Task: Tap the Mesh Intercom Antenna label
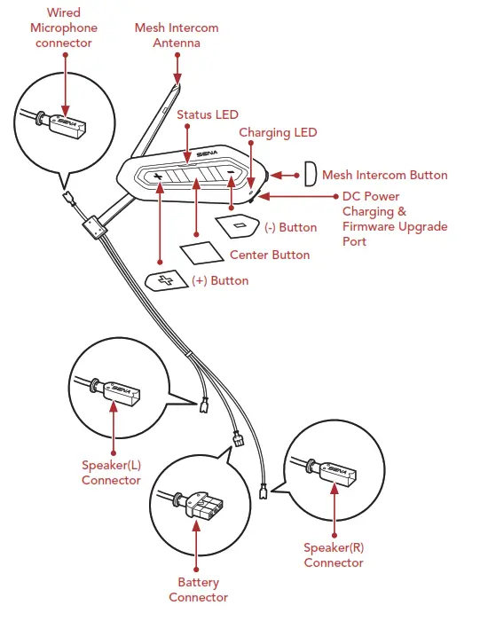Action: pyautogui.click(x=177, y=35)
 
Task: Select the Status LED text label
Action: pyautogui.click(x=207, y=115)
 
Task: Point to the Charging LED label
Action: pyautogui.click(x=278, y=133)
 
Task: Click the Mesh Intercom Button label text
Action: pyautogui.click(x=384, y=176)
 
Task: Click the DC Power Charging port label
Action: pyautogui.click(x=394, y=218)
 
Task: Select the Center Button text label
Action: pyautogui.click(x=270, y=255)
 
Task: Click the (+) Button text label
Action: pyautogui.click(x=220, y=280)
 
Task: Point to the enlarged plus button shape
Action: pyautogui.click(x=167, y=280)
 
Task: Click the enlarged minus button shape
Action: pyautogui.click(x=239, y=226)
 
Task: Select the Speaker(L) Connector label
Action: pyautogui.click(x=111, y=472)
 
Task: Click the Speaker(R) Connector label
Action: pyautogui.click(x=334, y=555)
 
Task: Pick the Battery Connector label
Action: pyautogui.click(x=198, y=589)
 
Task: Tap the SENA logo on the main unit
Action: pyautogui.click(x=207, y=153)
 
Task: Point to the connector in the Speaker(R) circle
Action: pyautogui.click(x=335, y=471)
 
